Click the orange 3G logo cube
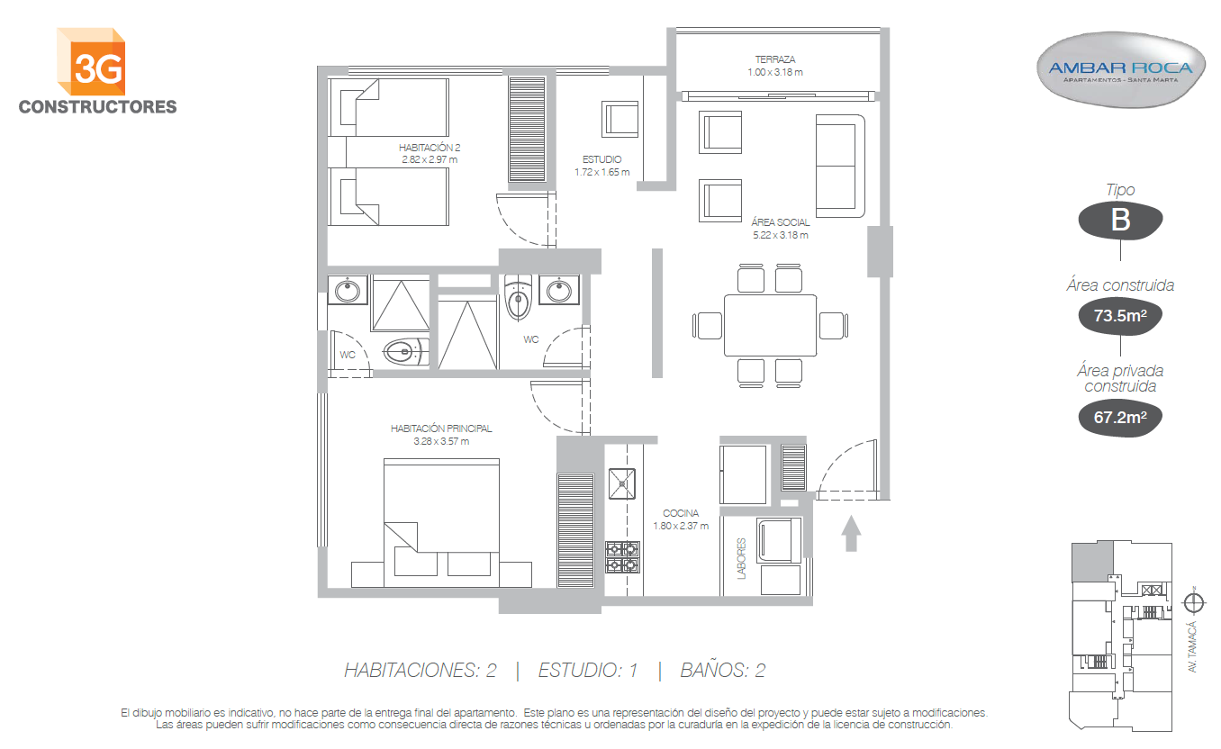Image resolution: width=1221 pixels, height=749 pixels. (91, 61)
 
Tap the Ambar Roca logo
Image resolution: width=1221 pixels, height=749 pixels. (1121, 70)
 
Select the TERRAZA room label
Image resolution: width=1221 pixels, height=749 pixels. (774, 59)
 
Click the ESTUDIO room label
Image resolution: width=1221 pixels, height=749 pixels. (601, 159)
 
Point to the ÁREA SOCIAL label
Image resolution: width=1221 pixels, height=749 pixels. (780, 222)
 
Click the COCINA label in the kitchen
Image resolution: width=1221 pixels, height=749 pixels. (681, 513)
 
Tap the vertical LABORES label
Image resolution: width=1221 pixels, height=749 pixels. (741, 559)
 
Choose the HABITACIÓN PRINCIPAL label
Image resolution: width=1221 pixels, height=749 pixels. (441, 429)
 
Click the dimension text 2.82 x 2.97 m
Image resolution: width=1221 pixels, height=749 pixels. (430, 159)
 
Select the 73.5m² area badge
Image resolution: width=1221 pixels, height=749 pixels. (1120, 316)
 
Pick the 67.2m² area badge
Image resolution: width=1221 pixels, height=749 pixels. (1120, 418)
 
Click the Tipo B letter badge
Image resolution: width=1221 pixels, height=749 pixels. (1120, 220)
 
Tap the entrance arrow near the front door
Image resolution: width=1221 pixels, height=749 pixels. (851, 534)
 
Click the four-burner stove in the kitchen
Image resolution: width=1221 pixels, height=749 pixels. (622, 557)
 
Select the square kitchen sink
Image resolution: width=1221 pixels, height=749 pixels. (622, 483)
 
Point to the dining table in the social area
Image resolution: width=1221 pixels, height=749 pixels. (770, 326)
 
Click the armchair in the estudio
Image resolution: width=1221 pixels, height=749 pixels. (620, 119)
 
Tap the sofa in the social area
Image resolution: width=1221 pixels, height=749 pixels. (840, 166)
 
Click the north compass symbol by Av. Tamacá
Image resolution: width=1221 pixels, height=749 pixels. (1194, 603)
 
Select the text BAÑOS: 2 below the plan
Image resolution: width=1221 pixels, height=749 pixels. (723, 670)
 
